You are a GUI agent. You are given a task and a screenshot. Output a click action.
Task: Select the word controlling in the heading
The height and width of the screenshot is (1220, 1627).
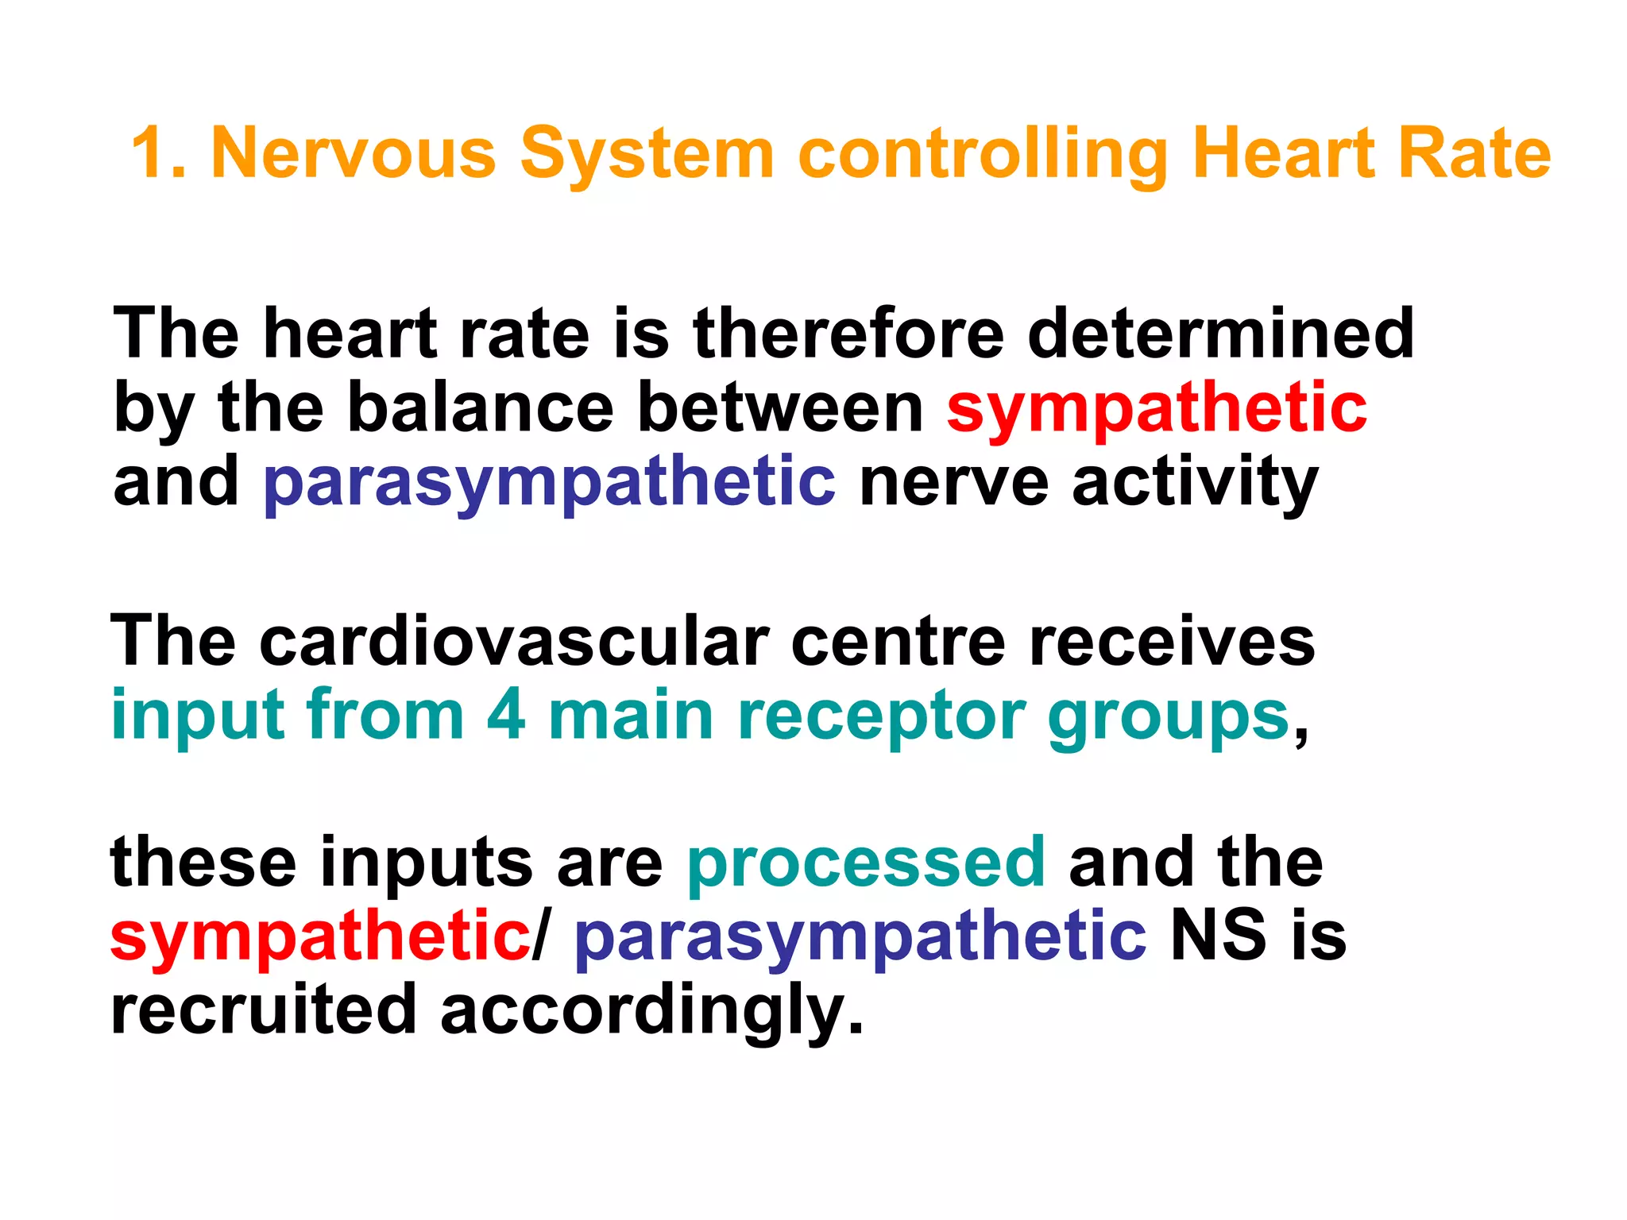click(x=982, y=155)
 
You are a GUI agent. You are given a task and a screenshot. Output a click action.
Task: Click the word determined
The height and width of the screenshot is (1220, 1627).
click(x=1220, y=334)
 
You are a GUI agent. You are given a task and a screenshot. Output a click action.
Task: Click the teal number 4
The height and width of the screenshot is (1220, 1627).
click(x=506, y=715)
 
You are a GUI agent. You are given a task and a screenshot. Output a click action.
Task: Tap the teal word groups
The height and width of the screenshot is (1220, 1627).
click(x=1168, y=719)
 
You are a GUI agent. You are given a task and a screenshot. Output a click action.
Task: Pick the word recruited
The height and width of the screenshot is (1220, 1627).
click(x=263, y=1010)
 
